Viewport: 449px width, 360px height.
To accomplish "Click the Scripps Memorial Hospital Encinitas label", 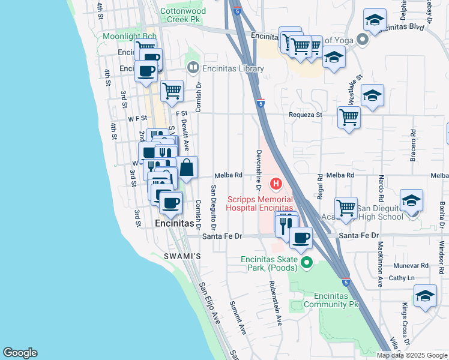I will click(259, 203).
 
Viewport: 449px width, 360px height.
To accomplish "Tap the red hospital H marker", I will click(276, 183).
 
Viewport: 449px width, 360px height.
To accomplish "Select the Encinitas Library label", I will click(234, 69).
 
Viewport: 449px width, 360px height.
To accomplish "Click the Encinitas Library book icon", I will click(193, 68).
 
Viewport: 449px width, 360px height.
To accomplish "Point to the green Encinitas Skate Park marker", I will click(307, 262).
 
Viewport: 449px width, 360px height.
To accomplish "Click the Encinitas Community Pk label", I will click(331, 300).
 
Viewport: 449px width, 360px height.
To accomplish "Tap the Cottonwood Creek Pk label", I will click(183, 15).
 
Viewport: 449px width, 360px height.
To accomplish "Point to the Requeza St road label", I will click(306, 114).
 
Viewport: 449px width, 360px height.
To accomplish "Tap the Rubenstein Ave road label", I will click(275, 303).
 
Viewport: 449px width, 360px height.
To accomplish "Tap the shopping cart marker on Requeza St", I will click(349, 116).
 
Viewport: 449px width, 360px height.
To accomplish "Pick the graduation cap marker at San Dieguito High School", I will click(411, 200).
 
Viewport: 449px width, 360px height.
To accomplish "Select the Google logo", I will click(20, 353).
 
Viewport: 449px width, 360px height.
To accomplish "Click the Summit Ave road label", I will click(238, 317).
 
